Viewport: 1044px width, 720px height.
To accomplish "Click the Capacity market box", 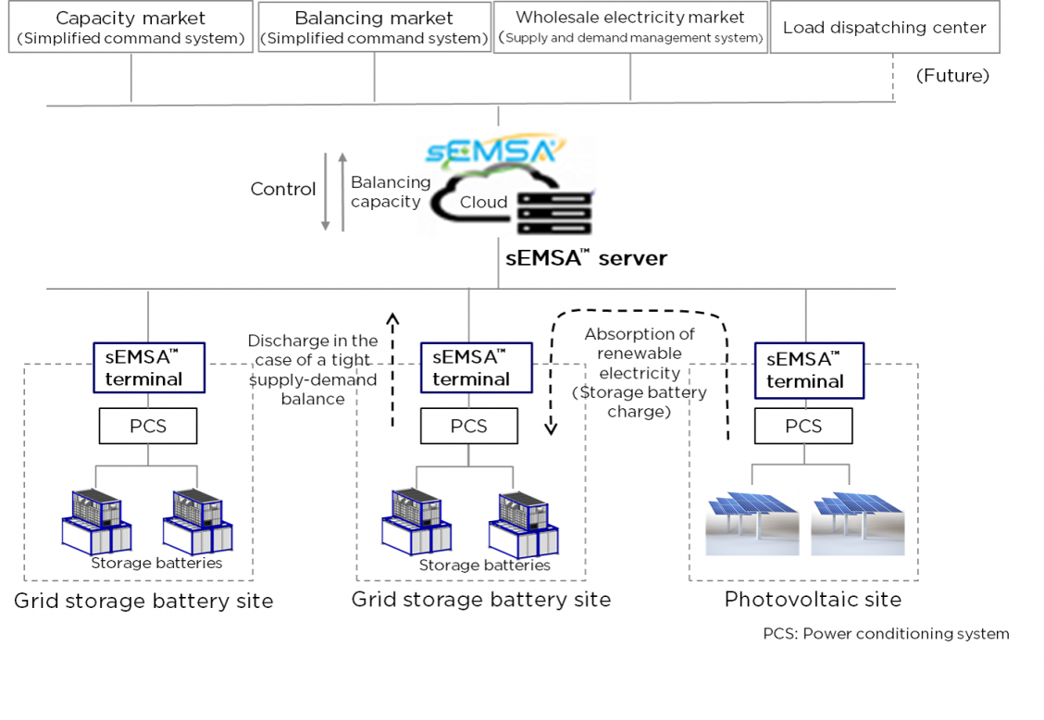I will click(130, 28).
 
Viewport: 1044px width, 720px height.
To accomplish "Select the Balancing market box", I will click(374, 28).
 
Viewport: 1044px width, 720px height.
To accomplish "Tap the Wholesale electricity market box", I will click(630, 28).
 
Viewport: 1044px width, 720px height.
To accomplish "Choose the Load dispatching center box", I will click(884, 28).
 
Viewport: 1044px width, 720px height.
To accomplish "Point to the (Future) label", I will click(952, 76).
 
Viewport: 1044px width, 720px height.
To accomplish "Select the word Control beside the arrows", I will click(283, 189).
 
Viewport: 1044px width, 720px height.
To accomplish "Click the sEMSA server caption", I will click(586, 258).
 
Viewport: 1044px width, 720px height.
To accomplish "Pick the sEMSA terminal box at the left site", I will click(148, 367).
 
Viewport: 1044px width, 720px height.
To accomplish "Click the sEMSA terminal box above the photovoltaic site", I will click(809, 371).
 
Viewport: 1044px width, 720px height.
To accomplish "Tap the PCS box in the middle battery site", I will click(468, 427).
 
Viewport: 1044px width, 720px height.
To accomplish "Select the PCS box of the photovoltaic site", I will click(802, 427).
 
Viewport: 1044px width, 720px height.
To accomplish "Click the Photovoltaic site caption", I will click(813, 600).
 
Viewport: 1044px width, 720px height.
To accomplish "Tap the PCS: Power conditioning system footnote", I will click(886, 634).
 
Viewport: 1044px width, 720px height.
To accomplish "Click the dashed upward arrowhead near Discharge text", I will click(392, 320).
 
